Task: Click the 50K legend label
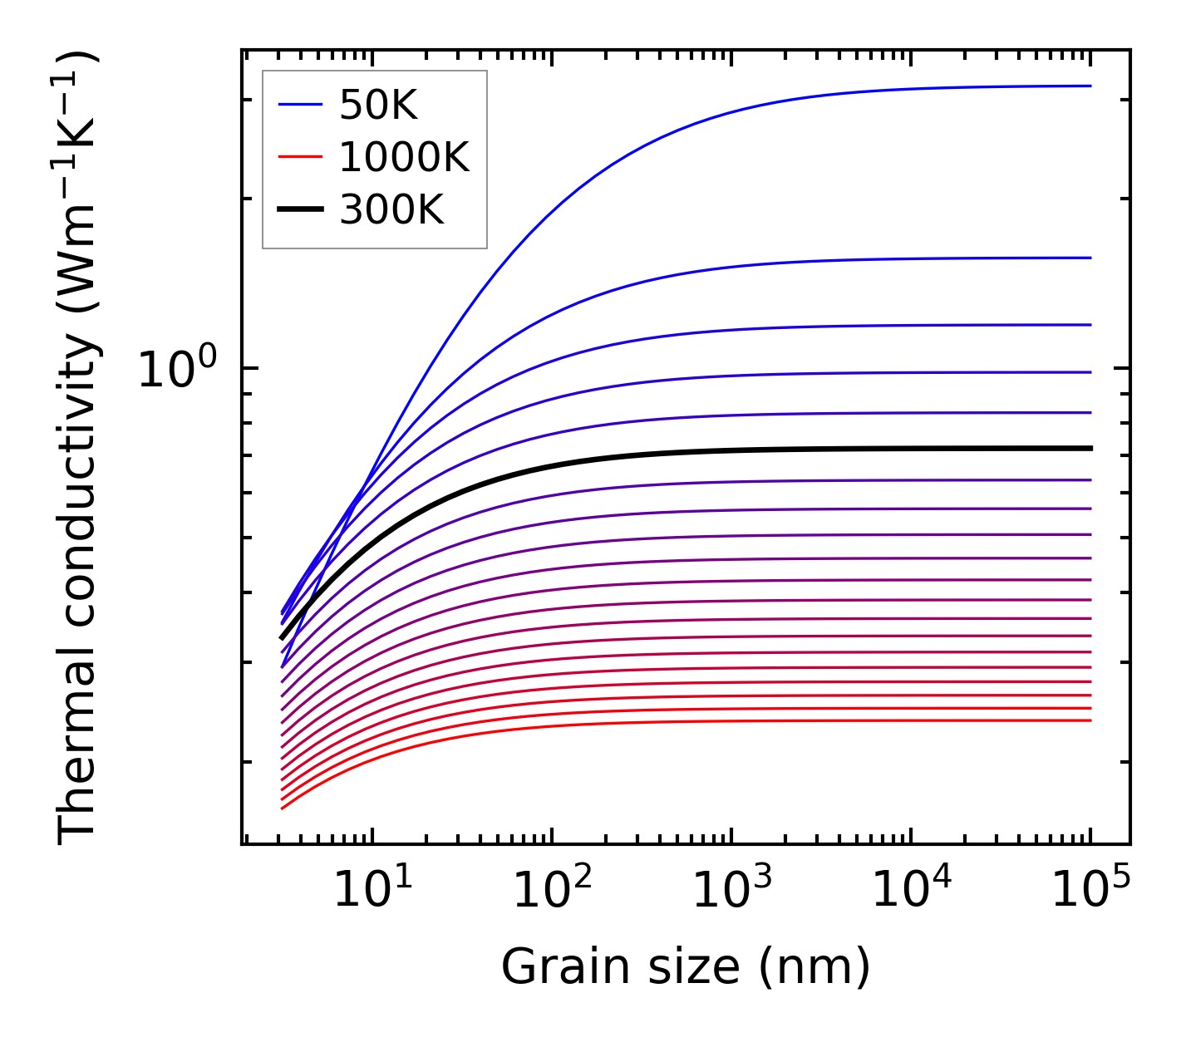click(378, 106)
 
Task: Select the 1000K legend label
click(404, 157)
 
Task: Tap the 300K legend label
click(391, 210)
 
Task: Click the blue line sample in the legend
click(300, 105)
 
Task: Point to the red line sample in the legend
click(300, 157)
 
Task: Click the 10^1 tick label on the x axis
click(372, 891)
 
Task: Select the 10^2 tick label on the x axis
click(552, 891)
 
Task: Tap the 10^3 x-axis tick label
click(731, 891)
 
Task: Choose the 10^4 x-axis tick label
click(911, 891)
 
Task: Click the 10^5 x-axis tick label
click(1090, 891)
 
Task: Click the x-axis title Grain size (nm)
click(686, 967)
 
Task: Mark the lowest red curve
click(665, 722)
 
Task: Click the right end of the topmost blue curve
click(1090, 86)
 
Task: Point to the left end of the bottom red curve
click(283, 808)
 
